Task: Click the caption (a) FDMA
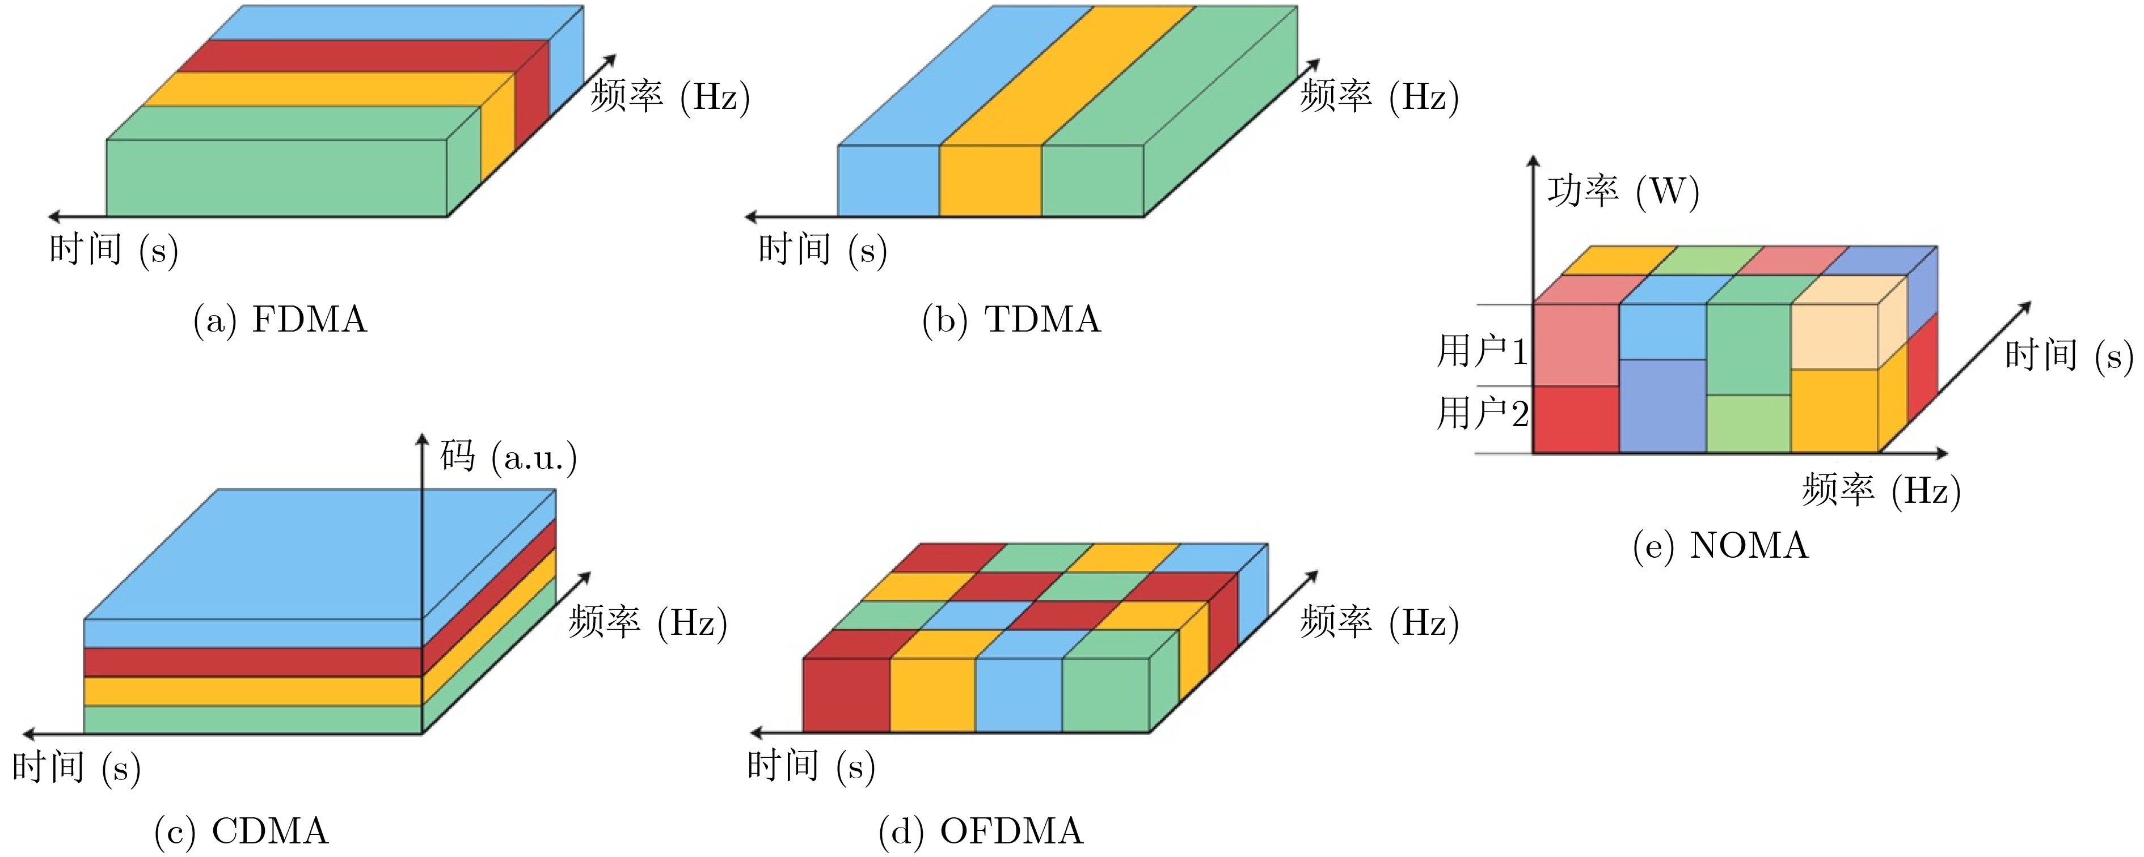(x=280, y=320)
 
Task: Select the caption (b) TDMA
(x=1011, y=320)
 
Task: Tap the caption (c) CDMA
(x=242, y=831)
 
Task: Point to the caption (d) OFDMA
(x=981, y=831)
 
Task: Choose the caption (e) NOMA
(x=1720, y=546)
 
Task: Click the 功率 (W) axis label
(x=1623, y=192)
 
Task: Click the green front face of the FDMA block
(x=277, y=178)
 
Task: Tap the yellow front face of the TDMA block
(x=990, y=181)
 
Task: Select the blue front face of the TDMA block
(x=889, y=181)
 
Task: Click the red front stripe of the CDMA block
(x=253, y=662)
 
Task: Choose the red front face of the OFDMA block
(x=846, y=695)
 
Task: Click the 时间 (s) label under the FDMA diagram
(x=114, y=249)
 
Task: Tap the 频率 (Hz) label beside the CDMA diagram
(x=648, y=622)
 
